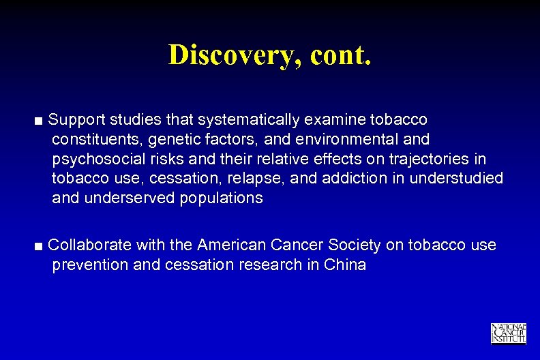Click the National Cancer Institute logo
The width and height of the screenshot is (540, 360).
pos(508,333)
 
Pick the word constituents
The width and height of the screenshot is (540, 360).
pos(94,140)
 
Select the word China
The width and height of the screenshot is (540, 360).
pos(346,265)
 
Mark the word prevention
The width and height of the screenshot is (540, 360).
pos(89,265)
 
